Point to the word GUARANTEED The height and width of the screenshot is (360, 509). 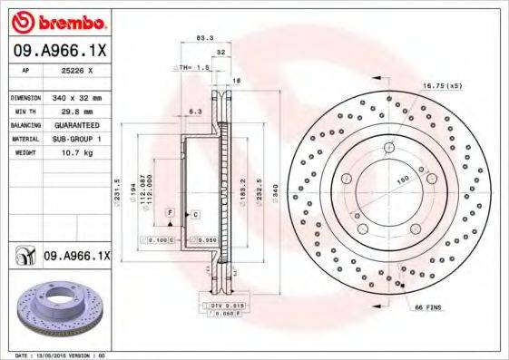[75, 124]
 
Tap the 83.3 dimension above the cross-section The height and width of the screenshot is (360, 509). [204, 38]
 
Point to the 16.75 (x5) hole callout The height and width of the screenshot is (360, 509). [442, 84]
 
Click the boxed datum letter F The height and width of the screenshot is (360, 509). [169, 212]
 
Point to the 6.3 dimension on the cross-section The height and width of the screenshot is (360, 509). [193, 112]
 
